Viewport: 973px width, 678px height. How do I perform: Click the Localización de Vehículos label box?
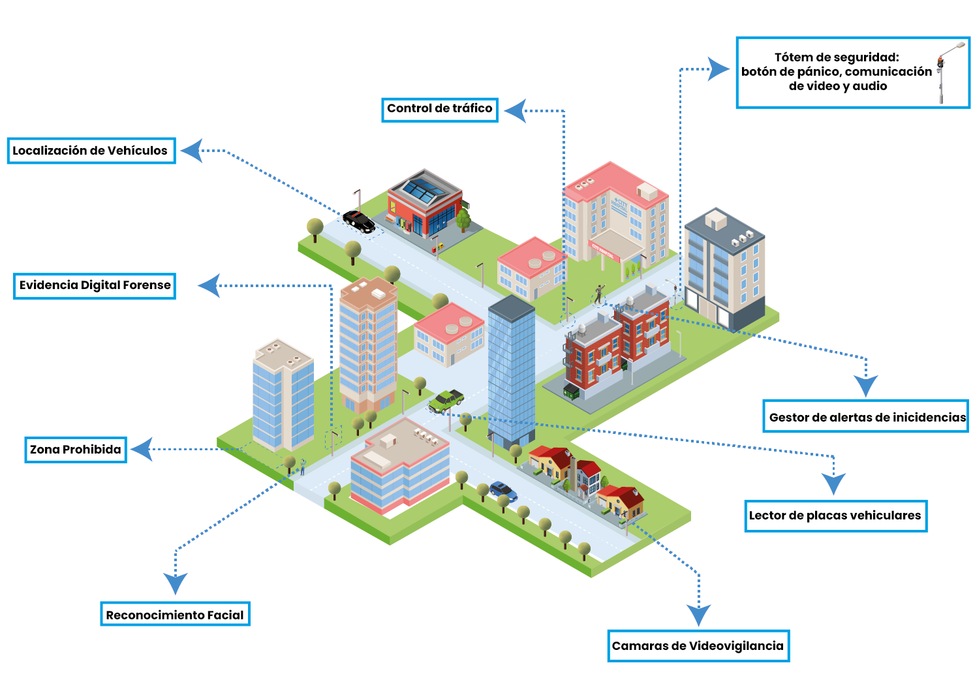tap(91, 151)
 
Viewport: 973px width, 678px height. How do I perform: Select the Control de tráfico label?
tap(440, 110)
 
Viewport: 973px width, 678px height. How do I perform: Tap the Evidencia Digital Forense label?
tap(95, 286)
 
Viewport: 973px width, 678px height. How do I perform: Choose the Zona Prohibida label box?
tap(76, 450)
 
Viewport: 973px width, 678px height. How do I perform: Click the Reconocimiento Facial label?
tap(175, 613)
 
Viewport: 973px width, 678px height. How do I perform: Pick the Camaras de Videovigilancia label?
tap(698, 645)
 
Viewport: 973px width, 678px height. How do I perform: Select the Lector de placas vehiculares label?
tap(835, 516)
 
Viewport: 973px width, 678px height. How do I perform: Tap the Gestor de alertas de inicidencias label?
tap(866, 416)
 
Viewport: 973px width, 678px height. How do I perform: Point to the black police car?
tap(359, 221)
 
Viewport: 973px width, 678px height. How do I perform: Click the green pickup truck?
tap(446, 400)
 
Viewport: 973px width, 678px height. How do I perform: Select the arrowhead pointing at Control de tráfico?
tap(516, 111)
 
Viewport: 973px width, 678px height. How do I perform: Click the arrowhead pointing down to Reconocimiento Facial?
tap(175, 583)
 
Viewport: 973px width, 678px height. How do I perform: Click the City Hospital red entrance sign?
tap(604, 251)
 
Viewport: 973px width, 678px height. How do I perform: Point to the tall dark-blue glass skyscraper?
tap(511, 371)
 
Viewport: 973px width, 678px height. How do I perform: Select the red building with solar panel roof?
tap(424, 204)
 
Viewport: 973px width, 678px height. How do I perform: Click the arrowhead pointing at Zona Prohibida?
tap(142, 449)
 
